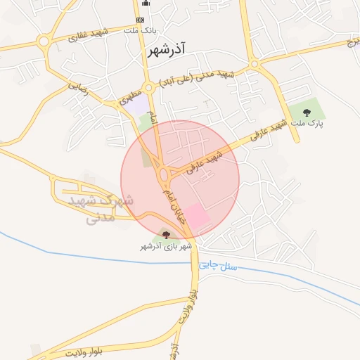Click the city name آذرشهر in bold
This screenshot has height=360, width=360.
pyautogui.click(x=167, y=51)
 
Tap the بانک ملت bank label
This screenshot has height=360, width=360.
pyautogui.click(x=140, y=31)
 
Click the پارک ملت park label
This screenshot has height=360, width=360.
pyautogui.click(x=308, y=123)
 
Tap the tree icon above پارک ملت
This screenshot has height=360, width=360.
pyautogui.click(x=307, y=112)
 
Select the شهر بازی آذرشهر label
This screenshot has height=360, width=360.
pyautogui.click(x=166, y=247)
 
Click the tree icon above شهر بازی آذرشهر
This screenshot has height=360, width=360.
pyautogui.click(x=166, y=235)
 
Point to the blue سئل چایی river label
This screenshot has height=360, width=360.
pyautogui.click(x=219, y=266)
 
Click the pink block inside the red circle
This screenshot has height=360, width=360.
pyautogui.click(x=198, y=218)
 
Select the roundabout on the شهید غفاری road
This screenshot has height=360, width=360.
pyautogui.click(x=44, y=41)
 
